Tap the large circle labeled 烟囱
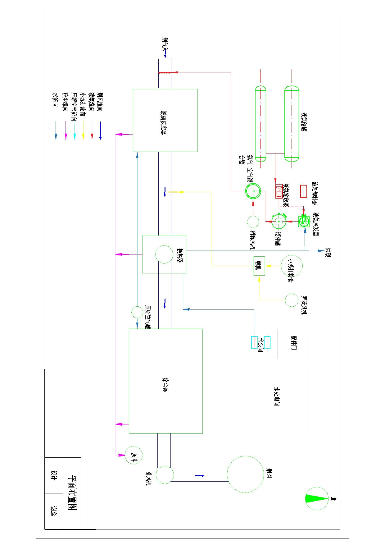point(245,474)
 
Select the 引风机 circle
point(165,475)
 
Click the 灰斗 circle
point(134,455)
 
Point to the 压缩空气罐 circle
point(137,312)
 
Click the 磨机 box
point(259,266)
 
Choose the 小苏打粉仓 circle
point(292,266)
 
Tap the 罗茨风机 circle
point(292,300)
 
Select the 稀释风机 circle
point(253,222)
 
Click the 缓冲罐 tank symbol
point(279,222)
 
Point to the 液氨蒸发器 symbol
point(304,221)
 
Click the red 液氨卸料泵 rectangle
point(303,191)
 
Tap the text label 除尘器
point(165,385)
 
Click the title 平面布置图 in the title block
point(72,493)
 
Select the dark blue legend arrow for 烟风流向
point(100,130)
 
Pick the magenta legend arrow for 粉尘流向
point(66,130)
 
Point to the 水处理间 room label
point(277,396)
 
